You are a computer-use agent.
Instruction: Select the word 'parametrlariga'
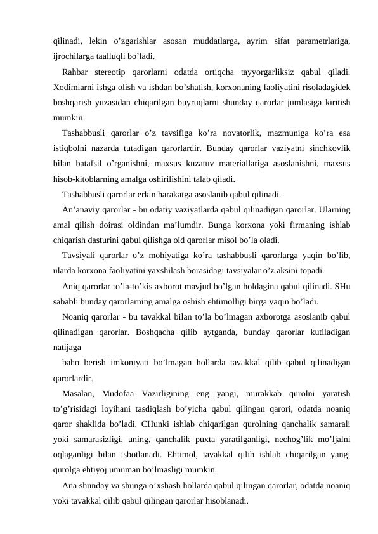click(325, 42)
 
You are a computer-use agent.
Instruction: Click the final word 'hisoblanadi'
click(228, 500)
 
